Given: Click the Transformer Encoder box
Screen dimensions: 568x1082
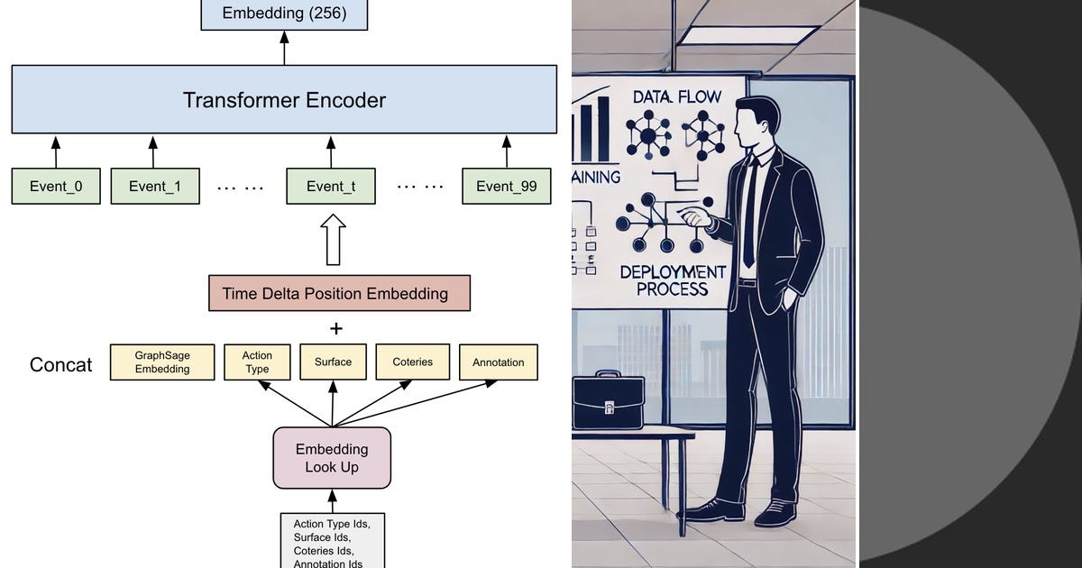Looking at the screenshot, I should click(284, 100).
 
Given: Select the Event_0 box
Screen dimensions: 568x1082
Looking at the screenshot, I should click(56, 186).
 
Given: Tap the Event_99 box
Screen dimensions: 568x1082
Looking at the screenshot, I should click(506, 186).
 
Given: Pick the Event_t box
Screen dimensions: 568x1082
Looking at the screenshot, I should click(331, 186).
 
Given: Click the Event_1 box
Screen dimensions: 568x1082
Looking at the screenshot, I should click(154, 186).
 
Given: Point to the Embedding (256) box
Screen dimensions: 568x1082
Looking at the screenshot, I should click(284, 14).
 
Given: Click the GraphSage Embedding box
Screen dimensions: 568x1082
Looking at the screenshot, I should click(162, 362).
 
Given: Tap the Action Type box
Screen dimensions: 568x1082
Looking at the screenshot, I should click(257, 362).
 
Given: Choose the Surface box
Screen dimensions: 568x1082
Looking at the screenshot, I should click(333, 362).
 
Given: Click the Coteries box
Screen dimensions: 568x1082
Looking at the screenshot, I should click(412, 362).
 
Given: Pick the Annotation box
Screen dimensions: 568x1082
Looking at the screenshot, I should click(498, 362).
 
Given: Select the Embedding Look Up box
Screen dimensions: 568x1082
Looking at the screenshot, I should click(332, 458).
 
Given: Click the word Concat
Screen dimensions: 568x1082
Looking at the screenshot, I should click(60, 365).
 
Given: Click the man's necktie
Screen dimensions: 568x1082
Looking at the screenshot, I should click(748, 216).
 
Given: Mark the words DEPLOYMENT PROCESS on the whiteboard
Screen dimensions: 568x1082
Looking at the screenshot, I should click(672, 280).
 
